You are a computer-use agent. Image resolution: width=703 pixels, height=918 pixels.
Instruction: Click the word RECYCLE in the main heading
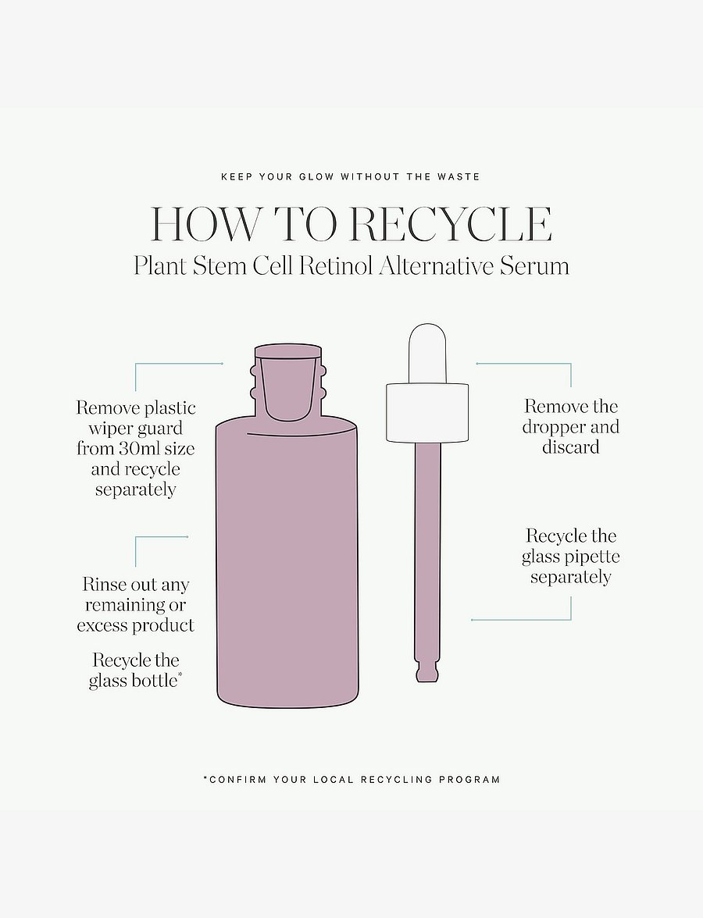point(451,223)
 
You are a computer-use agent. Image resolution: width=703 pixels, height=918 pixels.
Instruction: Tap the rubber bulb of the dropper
point(428,354)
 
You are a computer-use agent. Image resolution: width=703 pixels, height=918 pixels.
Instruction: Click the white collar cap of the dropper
point(428,413)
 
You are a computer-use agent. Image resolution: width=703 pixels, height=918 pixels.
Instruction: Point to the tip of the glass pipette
point(427,679)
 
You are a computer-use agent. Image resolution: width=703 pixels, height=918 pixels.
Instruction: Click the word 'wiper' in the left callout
point(111,429)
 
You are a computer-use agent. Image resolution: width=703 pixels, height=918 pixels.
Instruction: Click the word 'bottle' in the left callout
point(155,681)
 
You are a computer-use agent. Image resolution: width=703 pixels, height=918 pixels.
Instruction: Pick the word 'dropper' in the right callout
point(553,428)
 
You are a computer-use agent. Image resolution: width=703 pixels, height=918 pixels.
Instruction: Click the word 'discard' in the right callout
point(570,447)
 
